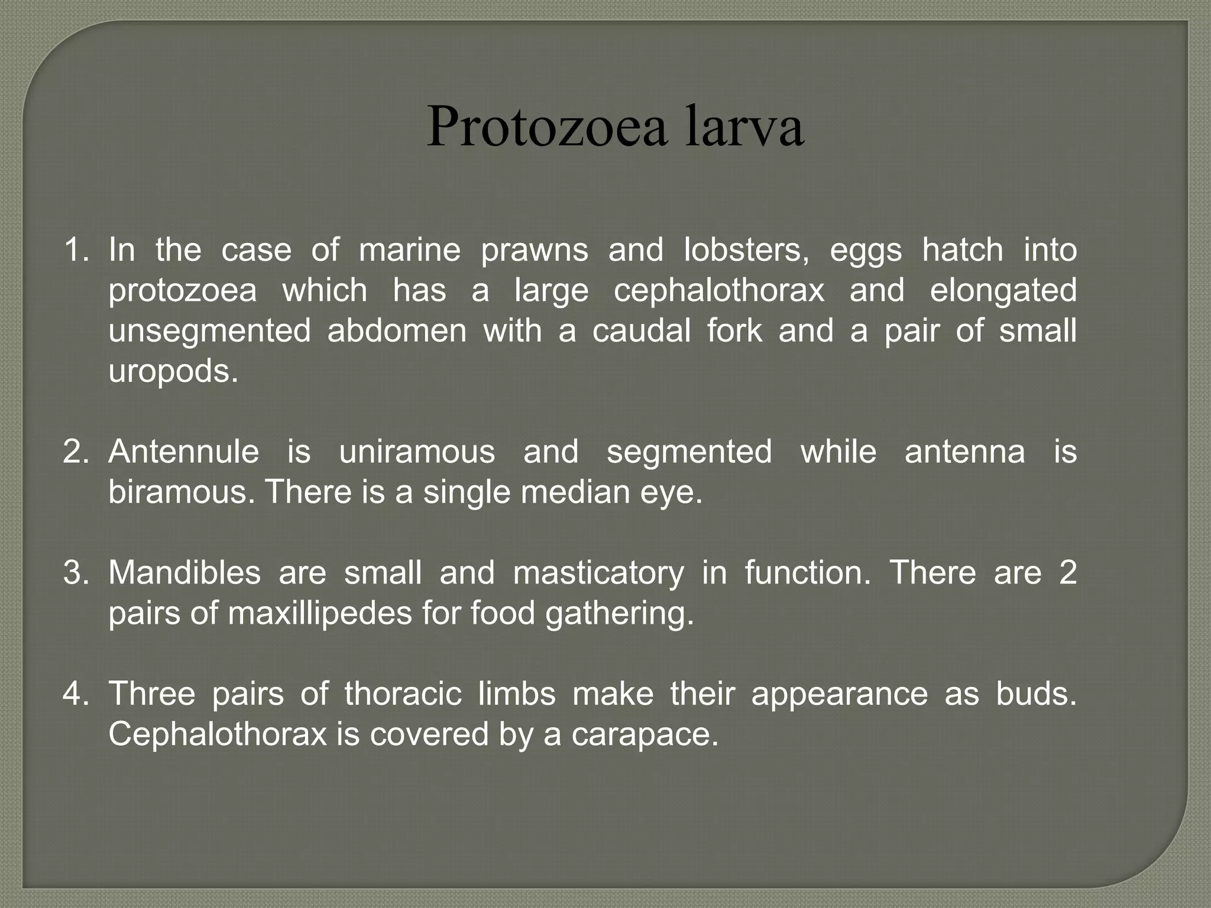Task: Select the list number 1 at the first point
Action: (x=76, y=250)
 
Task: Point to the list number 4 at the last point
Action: (x=76, y=694)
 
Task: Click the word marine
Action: (x=410, y=250)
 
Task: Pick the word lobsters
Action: (x=746, y=250)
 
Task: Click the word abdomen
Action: (x=397, y=331)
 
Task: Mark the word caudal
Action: (x=642, y=331)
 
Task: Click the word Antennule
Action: (x=184, y=452)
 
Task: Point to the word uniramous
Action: (x=417, y=452)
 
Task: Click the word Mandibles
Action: (x=184, y=573)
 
